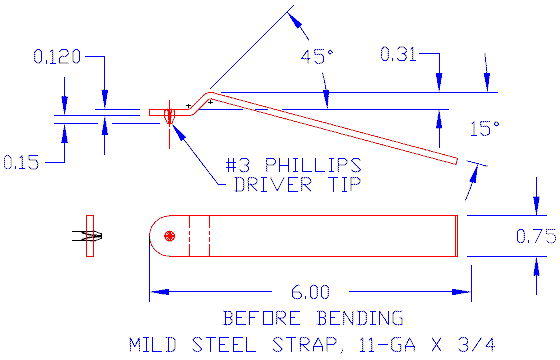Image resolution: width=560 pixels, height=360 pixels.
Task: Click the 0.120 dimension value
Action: click(57, 57)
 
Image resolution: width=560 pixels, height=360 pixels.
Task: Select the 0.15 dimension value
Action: click(21, 162)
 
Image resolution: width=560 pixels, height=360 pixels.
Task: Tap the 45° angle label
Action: click(316, 57)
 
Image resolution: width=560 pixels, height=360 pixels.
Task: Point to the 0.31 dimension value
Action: click(398, 54)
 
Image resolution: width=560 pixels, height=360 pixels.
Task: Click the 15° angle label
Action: click(485, 129)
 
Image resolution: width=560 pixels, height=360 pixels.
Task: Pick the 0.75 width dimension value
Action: click(536, 236)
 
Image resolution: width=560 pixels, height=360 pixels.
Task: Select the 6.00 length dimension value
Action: click(310, 292)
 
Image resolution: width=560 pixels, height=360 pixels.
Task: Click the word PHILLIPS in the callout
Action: click(313, 165)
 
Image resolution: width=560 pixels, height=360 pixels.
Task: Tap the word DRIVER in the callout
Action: click(272, 185)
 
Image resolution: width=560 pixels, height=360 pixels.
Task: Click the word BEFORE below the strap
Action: click(261, 318)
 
